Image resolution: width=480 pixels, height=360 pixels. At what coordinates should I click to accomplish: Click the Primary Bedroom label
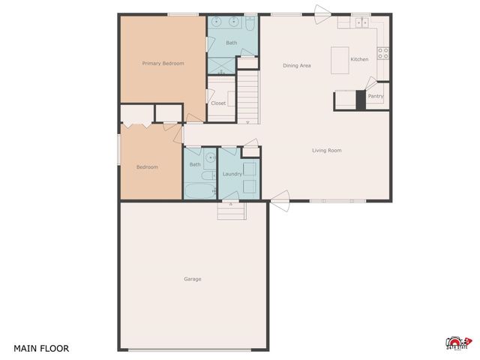163,64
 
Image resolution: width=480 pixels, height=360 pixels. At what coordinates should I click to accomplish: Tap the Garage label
193,279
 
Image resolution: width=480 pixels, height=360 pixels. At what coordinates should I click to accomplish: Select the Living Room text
326,151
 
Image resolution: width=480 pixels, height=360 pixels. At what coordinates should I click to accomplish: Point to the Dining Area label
297,66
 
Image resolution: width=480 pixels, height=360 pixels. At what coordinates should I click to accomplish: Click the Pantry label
376,96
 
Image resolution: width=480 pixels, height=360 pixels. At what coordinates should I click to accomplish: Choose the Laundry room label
232,174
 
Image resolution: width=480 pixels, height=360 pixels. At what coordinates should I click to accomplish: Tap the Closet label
218,103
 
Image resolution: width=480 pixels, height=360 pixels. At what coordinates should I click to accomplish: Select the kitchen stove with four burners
382,53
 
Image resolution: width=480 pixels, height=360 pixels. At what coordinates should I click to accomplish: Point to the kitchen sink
361,22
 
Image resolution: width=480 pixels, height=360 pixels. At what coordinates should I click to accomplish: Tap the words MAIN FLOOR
41,349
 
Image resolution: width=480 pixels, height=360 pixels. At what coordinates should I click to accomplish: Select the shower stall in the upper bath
222,62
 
